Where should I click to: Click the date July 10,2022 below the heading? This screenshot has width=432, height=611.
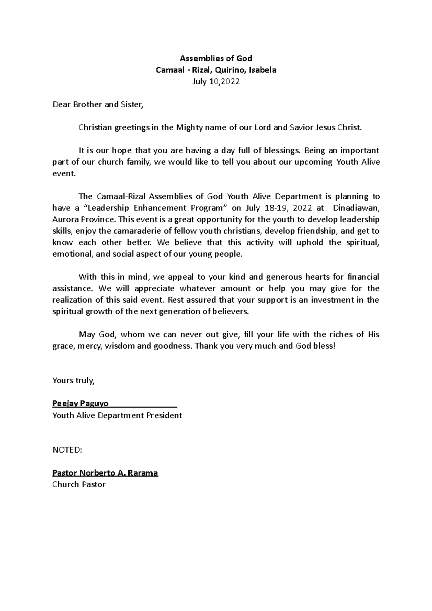click(x=216, y=82)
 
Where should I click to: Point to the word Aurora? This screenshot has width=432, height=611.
click(x=64, y=219)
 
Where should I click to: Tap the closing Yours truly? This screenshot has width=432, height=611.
click(x=73, y=381)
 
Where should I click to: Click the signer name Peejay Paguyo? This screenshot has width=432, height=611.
click(x=80, y=403)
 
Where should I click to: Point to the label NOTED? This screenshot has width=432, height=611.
click(x=67, y=450)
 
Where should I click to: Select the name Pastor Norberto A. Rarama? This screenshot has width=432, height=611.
click(x=105, y=473)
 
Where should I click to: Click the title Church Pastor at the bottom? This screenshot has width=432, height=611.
click(x=79, y=484)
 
